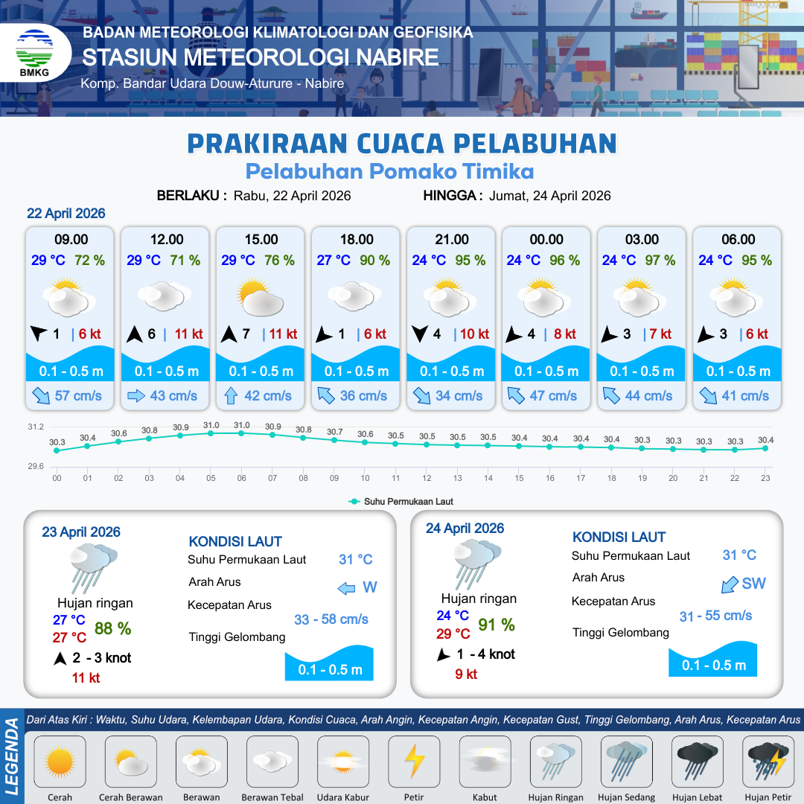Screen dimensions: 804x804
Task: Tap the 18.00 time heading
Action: pos(357,240)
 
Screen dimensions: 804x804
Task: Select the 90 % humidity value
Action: pos(374,261)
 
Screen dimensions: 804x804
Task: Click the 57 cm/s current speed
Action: pos(78,395)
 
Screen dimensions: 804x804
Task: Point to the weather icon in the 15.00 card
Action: pos(261,297)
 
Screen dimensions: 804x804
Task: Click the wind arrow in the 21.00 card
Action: pos(420,334)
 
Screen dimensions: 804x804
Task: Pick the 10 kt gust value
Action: pos(474,334)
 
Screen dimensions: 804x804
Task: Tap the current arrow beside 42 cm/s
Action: pos(230,395)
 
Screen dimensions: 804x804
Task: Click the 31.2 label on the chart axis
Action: pos(36,427)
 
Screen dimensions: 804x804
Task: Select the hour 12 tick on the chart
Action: pos(427,478)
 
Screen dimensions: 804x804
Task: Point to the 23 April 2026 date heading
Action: pos(81,532)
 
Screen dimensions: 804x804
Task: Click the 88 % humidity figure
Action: pos(113,628)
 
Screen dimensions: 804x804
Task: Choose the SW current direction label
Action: pos(753,584)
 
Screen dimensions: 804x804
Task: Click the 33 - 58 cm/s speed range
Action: pos(331,619)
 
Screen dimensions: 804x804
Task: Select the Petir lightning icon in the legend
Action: pos(414,762)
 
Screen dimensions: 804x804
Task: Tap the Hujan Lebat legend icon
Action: pos(698,762)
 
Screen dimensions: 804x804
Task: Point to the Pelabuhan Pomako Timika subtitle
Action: pos(390,171)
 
